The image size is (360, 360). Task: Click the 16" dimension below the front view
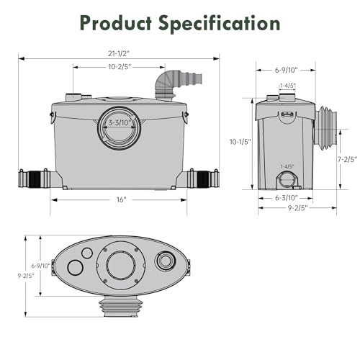pos(119,199)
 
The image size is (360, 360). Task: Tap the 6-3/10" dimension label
pos(285,197)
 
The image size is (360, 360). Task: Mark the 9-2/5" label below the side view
pos(296,208)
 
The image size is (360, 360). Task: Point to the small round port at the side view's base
pos(286,178)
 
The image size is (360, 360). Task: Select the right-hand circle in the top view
pos(166,261)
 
